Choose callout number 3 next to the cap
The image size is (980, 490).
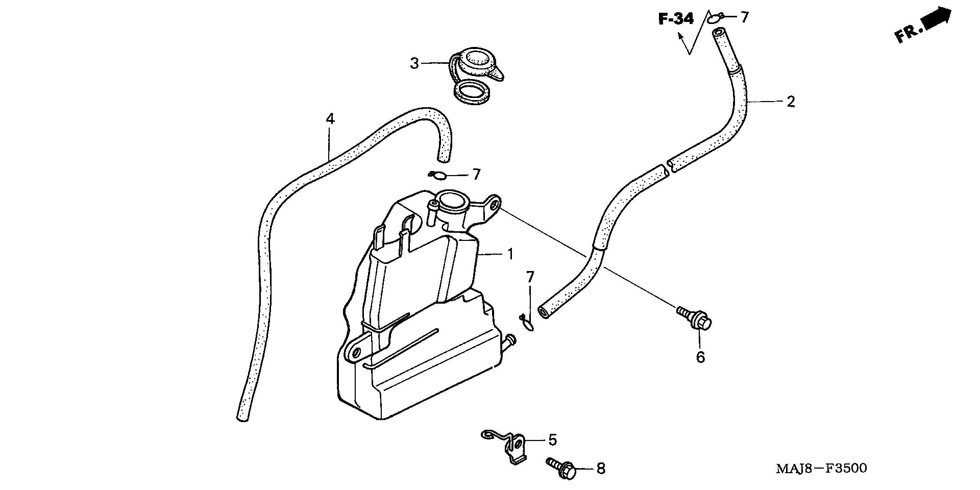414,63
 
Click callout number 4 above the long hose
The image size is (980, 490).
330,119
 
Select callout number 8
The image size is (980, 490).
601,469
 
